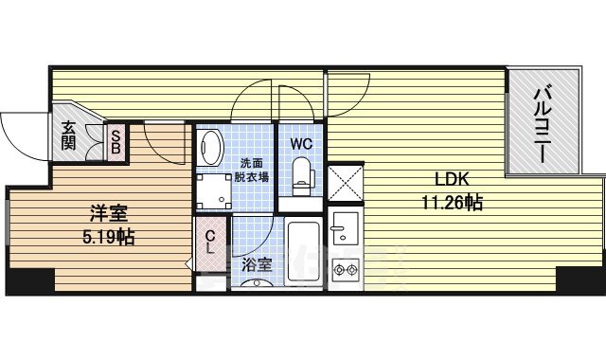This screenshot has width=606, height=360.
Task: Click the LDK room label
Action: [452, 179]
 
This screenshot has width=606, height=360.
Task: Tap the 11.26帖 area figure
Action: [452, 202]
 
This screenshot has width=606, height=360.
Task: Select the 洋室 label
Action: [109, 213]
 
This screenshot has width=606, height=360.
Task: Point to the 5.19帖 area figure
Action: [109, 236]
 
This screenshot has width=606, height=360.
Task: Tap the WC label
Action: [301, 144]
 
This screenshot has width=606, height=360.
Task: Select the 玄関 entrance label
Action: [68, 136]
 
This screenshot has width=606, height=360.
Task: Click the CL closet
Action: [210, 243]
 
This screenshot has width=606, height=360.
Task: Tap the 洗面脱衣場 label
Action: [252, 171]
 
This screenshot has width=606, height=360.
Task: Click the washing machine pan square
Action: [214, 191]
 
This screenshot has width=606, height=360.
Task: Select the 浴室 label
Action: [257, 265]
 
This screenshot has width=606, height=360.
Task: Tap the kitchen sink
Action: [346, 228]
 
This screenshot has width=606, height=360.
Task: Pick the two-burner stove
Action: [346, 269]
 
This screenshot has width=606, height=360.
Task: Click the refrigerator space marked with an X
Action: [346, 183]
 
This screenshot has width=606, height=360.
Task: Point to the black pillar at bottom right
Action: [580, 279]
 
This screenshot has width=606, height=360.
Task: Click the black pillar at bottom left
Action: [30, 281]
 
